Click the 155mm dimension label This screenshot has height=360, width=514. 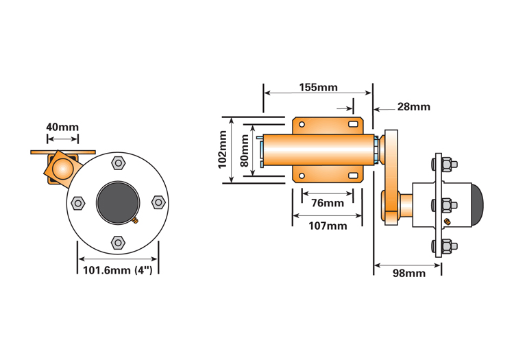tap(318, 87)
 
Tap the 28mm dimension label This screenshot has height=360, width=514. tap(413, 106)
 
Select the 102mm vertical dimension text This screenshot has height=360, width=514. tap(223, 149)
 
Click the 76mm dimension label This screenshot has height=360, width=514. tap(327, 203)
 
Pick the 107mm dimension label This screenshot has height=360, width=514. tap(327, 226)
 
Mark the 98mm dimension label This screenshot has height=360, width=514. tap(408, 273)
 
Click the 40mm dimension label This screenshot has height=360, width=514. tap(62, 127)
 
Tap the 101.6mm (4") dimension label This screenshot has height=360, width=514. tap(117, 269)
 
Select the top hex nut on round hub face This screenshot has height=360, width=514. tap(118, 163)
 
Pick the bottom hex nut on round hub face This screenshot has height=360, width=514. tap(118, 242)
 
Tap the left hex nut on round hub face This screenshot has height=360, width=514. tap(77, 202)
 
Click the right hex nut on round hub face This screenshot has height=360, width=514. tap(158, 202)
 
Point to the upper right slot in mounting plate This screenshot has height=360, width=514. tap(354, 124)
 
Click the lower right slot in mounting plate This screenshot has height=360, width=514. tap(354, 176)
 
